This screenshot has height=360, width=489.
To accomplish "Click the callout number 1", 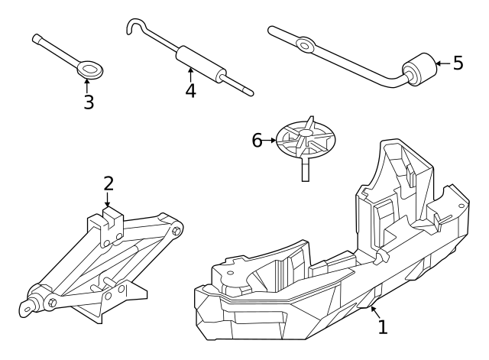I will point(383,327).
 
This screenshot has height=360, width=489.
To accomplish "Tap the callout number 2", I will point(108,183).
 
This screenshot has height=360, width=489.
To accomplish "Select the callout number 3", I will point(89,102).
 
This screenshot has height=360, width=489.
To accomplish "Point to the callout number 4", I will point(190,90).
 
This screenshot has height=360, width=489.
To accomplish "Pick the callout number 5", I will point(458,63).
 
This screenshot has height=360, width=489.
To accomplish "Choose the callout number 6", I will point(257,140).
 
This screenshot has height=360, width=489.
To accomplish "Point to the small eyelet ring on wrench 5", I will point(305,45).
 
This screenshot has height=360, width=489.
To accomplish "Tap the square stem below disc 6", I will point(305,168).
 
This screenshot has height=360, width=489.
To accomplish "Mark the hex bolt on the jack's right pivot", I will point(176,230).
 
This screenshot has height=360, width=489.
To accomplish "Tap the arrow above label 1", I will point(374,310).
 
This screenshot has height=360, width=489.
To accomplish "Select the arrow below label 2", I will point(108,201).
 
